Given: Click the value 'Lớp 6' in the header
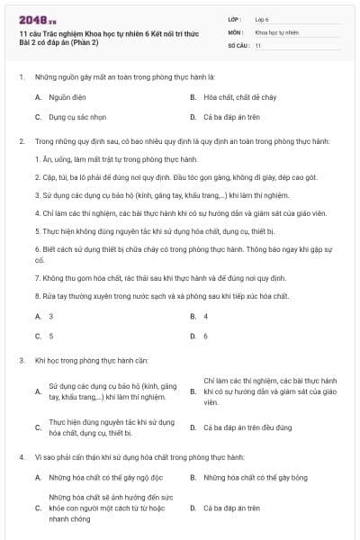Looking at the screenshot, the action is click(262, 18).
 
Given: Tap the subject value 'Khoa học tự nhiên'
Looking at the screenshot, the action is click(274, 31).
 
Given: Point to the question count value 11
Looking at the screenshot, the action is click(258, 44).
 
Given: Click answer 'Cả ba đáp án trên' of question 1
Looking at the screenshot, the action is click(230, 117).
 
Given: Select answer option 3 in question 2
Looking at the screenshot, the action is click(50, 316).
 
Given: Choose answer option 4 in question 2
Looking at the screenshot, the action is click(206, 316).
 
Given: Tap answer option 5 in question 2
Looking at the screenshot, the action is click(50, 336).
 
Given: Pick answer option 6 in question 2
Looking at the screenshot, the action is click(206, 336).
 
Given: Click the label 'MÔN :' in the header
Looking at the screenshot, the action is click(237, 31).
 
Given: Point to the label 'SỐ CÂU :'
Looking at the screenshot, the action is click(238, 44).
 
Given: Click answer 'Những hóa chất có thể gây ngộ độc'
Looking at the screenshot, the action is click(104, 477).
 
